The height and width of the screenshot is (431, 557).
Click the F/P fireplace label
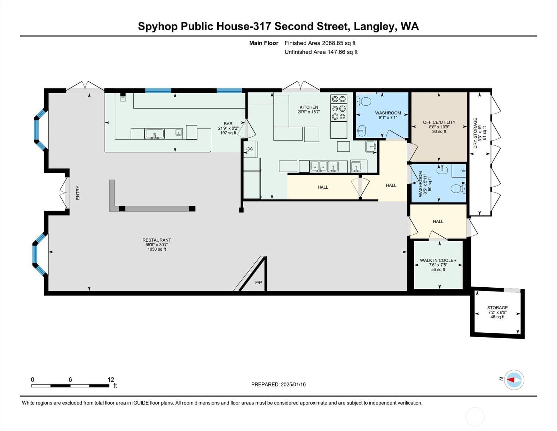click(258, 283)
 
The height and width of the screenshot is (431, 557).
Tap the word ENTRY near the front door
click(78, 193)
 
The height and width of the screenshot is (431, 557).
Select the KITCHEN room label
click(309, 107)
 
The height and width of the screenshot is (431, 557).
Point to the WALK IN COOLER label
click(438, 260)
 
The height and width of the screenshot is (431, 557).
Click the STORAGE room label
click(497, 308)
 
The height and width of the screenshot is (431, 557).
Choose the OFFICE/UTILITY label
click(439, 122)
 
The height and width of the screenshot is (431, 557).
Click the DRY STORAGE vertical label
click(475, 133)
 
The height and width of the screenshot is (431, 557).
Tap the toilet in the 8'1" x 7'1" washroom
click(364, 101)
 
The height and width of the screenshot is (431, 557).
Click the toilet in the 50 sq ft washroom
click(458, 189)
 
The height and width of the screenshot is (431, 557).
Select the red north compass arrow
click(511, 380)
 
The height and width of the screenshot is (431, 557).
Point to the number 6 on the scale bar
click(70, 380)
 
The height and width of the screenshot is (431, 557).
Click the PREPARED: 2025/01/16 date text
click(278, 384)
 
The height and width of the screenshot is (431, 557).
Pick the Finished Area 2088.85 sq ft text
click(320, 43)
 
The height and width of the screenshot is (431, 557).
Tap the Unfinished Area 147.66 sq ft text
click(321, 52)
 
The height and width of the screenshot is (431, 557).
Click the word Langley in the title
click(374, 27)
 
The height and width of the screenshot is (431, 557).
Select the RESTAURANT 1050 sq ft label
click(157, 245)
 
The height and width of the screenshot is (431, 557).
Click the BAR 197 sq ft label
click(228, 128)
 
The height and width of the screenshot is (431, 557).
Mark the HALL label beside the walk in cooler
click(438, 221)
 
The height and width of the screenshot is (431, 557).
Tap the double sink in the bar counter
click(155, 134)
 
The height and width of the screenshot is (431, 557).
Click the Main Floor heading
click(264, 43)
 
